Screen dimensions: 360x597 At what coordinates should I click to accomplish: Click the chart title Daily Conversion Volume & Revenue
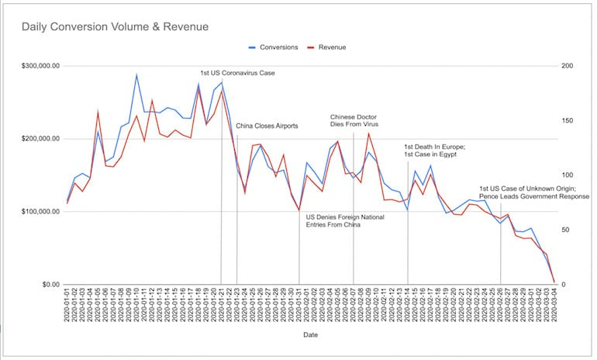(x=115, y=27)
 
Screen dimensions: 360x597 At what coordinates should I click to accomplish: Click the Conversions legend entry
(x=278, y=47)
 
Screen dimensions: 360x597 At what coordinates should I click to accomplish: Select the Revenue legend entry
(x=330, y=47)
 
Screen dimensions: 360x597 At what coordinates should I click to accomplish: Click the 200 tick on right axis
(x=564, y=66)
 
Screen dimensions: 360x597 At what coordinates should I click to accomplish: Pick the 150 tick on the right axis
(x=564, y=121)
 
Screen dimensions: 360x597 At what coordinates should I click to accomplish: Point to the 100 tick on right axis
(x=564, y=175)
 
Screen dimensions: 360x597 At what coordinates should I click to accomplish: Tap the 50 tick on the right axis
(x=563, y=230)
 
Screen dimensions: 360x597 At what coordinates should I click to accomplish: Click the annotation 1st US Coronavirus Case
(x=237, y=73)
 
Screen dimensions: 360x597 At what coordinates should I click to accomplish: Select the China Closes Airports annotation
(x=267, y=125)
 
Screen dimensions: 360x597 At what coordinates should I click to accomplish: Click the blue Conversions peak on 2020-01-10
(x=136, y=75)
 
